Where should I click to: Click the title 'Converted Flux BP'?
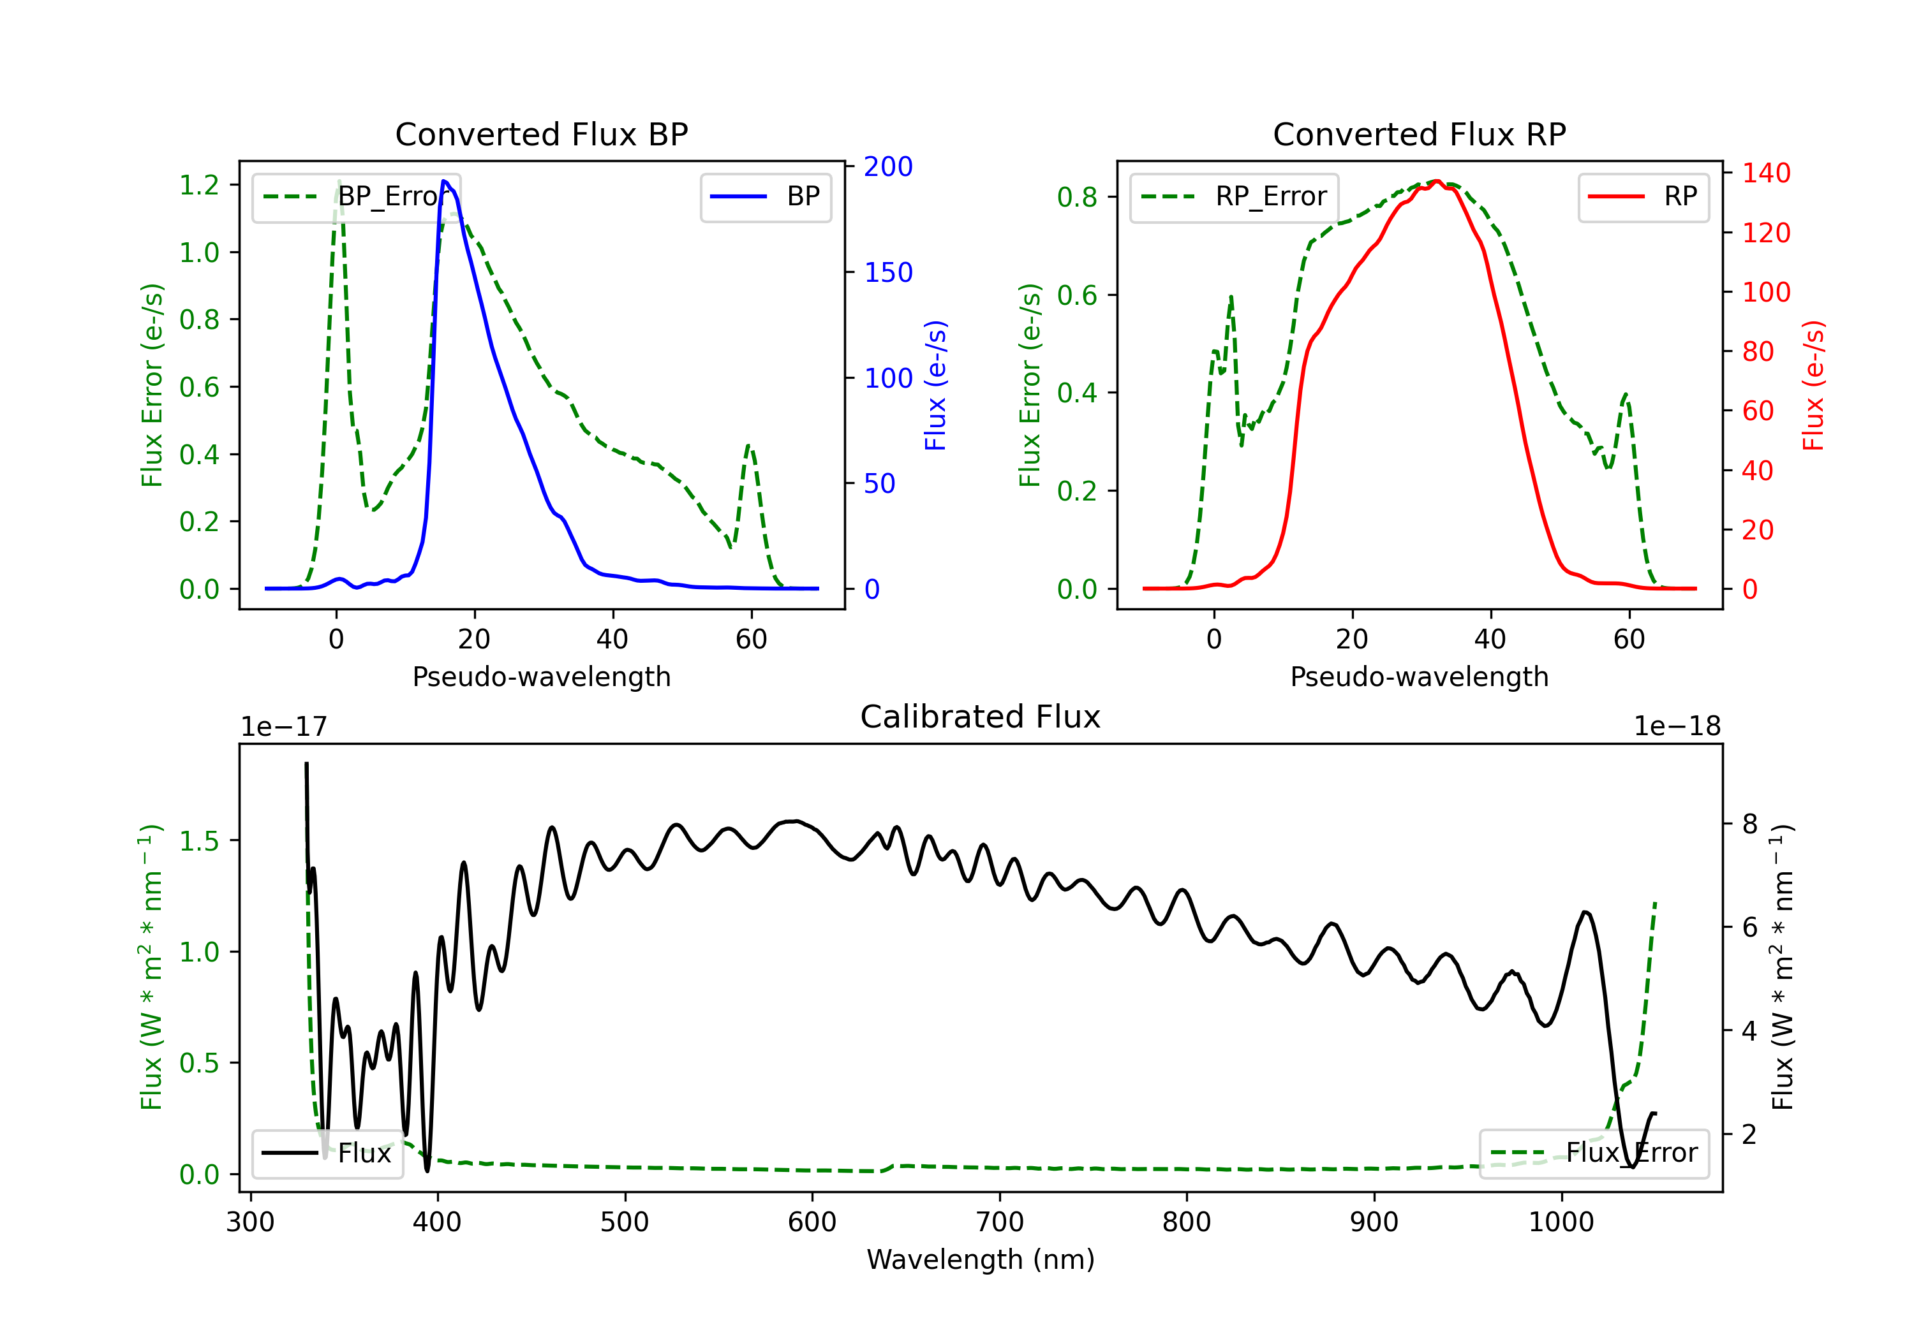point(542,134)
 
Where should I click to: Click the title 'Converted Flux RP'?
point(1420,134)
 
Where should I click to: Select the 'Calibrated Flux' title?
point(981,717)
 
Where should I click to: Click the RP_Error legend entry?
point(1234,196)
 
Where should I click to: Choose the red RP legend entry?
point(1643,196)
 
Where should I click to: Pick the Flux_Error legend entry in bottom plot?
point(1594,1153)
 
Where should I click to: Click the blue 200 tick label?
point(888,166)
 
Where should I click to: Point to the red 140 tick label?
point(1767,173)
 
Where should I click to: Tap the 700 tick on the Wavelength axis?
point(1000,1222)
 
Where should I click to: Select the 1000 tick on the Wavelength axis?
point(1561,1222)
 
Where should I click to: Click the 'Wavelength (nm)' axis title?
point(981,1260)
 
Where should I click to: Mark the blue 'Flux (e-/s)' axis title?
point(936,386)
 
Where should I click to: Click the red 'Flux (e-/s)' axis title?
point(1814,386)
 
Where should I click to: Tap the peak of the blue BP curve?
point(444,181)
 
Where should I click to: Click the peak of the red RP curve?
point(1437,181)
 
